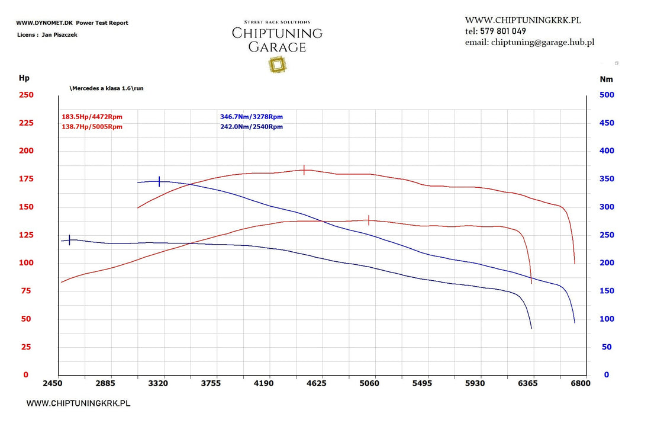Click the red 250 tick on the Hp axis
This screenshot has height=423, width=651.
click(x=26, y=95)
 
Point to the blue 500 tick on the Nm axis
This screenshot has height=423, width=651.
click(x=607, y=95)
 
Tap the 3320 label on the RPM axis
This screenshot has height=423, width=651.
click(x=158, y=383)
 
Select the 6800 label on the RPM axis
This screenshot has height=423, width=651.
click(x=580, y=383)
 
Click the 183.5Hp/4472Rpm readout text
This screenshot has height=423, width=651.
click(x=92, y=117)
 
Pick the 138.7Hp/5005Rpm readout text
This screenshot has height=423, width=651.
click(x=92, y=127)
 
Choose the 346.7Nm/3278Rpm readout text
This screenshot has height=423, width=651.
click(x=252, y=117)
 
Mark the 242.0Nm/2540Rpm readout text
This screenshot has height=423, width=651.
click(x=252, y=127)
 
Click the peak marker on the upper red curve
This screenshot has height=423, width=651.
click(x=304, y=170)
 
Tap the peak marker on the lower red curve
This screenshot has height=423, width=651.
click(x=369, y=220)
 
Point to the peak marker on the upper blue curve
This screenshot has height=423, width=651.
click(x=159, y=181)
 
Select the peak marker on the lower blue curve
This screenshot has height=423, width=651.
click(x=70, y=240)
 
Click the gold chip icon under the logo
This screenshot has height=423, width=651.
click(x=276, y=65)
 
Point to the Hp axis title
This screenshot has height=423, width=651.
click(x=24, y=78)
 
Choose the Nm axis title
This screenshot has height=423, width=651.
click(x=606, y=79)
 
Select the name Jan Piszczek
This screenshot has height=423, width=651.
click(x=59, y=35)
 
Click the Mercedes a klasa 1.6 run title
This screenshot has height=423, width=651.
click(x=107, y=88)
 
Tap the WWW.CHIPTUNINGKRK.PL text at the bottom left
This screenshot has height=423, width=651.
click(x=78, y=403)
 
